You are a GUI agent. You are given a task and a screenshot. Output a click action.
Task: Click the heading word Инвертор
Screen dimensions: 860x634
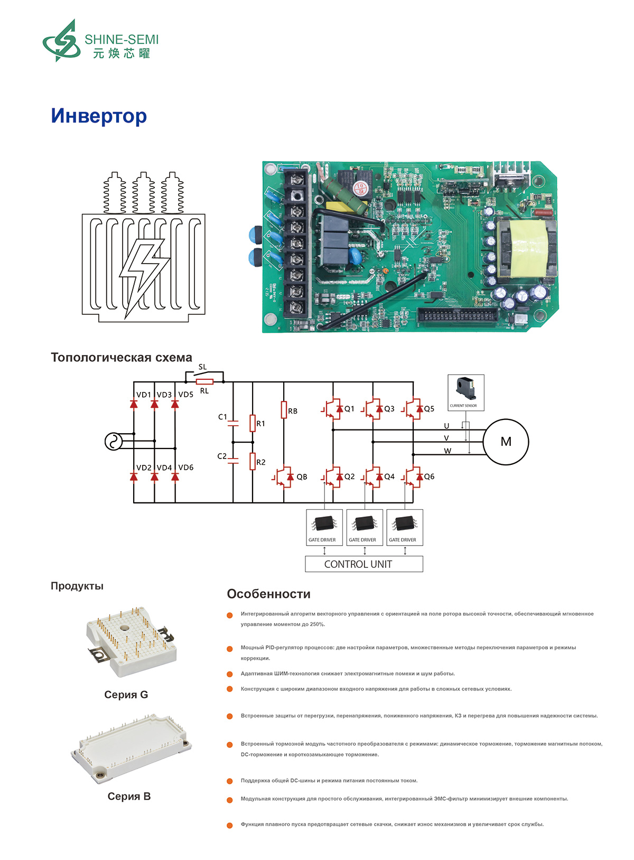coord(99,116)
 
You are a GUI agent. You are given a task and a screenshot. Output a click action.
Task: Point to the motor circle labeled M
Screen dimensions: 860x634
coord(506,442)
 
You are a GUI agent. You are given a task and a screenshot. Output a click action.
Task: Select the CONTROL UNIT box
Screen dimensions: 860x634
coord(364,564)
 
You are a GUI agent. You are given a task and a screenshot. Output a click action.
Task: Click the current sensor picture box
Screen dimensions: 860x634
coord(465,392)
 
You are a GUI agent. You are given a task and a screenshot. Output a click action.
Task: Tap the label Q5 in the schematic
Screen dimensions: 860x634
coord(429,409)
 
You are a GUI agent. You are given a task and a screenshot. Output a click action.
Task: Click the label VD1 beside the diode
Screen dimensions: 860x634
coord(143,395)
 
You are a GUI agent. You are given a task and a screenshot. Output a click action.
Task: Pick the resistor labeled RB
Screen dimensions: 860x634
coord(284,410)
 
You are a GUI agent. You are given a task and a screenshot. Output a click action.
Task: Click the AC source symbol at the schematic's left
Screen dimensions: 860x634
coord(113,442)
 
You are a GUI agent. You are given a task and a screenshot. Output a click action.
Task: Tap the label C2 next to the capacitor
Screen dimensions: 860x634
coord(222,456)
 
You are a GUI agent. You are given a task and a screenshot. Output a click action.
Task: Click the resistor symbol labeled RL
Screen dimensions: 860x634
coord(204,381)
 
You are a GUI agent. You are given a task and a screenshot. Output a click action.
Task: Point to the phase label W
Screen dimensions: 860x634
coord(447,451)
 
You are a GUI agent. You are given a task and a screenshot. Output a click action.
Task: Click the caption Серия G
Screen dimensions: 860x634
coord(126,695)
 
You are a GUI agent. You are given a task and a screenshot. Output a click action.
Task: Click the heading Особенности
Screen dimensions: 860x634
coord(268,594)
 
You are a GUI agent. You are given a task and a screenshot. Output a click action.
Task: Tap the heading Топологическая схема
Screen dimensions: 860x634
coord(122,358)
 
